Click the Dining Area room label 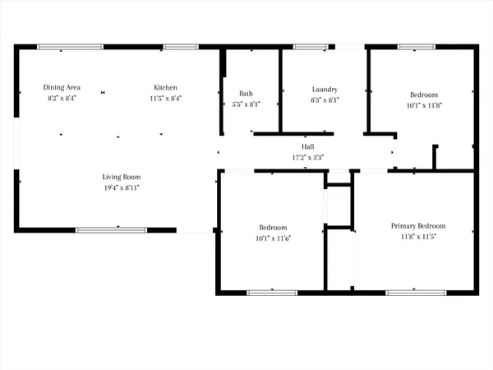62,87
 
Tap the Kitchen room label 165,87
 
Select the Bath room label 246,93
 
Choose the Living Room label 122,177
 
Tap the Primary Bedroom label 418,226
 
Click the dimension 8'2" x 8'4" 62,98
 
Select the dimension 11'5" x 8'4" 165,98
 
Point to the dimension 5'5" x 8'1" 246,104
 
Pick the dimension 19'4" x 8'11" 122,187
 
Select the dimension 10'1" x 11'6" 274,238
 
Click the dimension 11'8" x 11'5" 418,238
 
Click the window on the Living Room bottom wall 111,229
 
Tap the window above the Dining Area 65,47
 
